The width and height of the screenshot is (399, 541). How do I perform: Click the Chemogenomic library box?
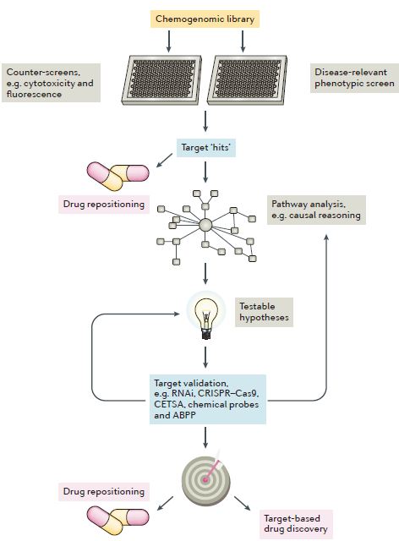coord(205,19)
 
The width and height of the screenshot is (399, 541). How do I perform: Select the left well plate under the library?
coord(161,79)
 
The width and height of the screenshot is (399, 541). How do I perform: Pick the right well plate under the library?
coord(247,79)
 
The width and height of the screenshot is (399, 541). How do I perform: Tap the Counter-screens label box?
coord(51,83)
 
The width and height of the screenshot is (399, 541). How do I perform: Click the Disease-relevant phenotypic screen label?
coord(354,78)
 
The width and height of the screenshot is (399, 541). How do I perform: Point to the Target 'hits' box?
coord(206,148)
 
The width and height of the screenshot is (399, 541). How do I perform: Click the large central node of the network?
coord(205,225)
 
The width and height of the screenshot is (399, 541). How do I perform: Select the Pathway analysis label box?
coord(316,210)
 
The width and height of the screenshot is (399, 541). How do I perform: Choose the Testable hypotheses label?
coord(264,312)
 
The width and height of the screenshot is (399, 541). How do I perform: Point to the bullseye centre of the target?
coord(205,479)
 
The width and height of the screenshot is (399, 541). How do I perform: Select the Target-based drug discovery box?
coord(296,524)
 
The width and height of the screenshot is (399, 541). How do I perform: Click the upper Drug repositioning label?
coord(104,205)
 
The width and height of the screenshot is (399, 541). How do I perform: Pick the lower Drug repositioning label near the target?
coord(104,492)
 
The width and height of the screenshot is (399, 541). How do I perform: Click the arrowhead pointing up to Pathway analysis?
coord(326,237)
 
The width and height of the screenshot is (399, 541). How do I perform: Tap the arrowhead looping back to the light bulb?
coord(177,314)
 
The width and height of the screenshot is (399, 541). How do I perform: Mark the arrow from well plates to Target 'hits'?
coord(205,121)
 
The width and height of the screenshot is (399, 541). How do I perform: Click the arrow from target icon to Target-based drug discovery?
coord(242,503)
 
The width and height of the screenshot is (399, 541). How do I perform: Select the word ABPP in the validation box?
coord(184,415)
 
